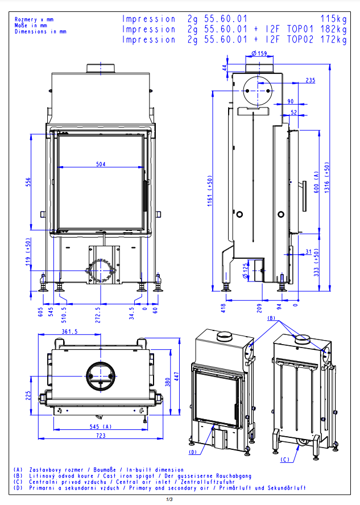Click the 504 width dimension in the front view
[101, 164]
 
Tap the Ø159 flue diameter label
[259, 53]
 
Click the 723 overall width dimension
[101, 435]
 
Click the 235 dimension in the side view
[310, 81]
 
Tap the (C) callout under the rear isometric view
[285, 459]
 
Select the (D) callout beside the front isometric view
[193, 452]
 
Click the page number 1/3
[169, 499]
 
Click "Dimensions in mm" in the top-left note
[40, 32]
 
